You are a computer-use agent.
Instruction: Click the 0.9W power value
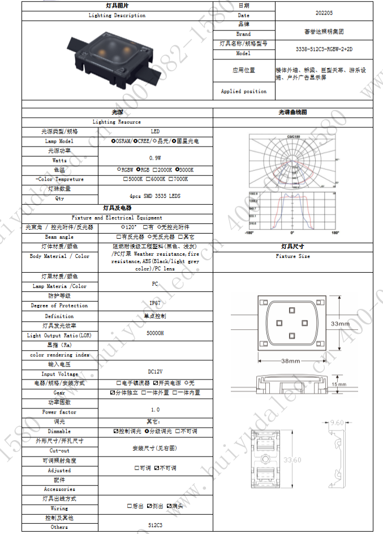pyautogui.click(x=155, y=158)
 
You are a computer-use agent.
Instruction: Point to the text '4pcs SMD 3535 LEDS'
pyautogui.click(x=155, y=196)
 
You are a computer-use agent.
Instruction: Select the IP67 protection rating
pyautogui.click(x=155, y=303)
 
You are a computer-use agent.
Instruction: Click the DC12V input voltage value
pyautogui.click(x=155, y=371)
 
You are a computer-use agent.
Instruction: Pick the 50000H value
pyautogui.click(x=155, y=333)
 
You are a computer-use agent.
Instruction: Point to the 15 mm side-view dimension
pyautogui.click(x=355, y=384)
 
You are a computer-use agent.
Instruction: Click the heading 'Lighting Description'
pyautogui.click(x=117, y=15)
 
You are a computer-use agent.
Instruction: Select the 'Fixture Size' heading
pyautogui.click(x=292, y=256)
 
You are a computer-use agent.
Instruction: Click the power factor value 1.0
pyautogui.click(x=155, y=409)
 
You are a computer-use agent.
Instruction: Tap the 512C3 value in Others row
pyautogui.click(x=155, y=524)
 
